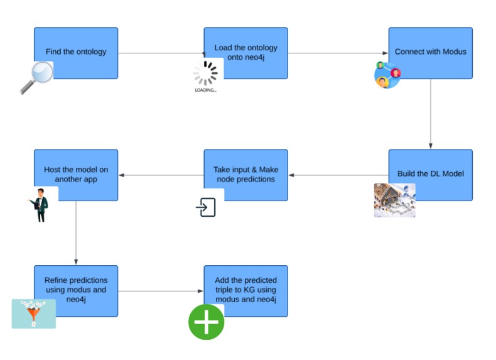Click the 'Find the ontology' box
pyautogui.click(x=76, y=53)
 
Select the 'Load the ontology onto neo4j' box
pyautogui.click(x=245, y=53)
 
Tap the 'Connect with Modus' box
pyautogui.click(x=430, y=53)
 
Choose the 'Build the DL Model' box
pyautogui.click(x=430, y=175)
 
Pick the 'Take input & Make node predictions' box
pyautogui.click(x=245, y=175)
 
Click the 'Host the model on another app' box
pyautogui.click(x=76, y=175)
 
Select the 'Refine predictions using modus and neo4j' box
pyautogui.click(x=76, y=290)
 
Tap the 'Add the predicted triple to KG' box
pyautogui.click(x=245, y=290)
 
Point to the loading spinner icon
pyautogui.click(x=205, y=75)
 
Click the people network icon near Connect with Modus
pyautogui.click(x=387, y=75)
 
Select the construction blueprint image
pyautogui.click(x=394, y=200)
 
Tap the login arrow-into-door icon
pyautogui.click(x=205, y=207)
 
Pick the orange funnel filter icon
pyautogui.click(x=33, y=313)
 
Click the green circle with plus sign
pyautogui.click(x=207, y=322)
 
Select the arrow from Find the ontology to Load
pyautogui.click(x=161, y=53)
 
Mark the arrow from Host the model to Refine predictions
pyautogui.click(x=76, y=233)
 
